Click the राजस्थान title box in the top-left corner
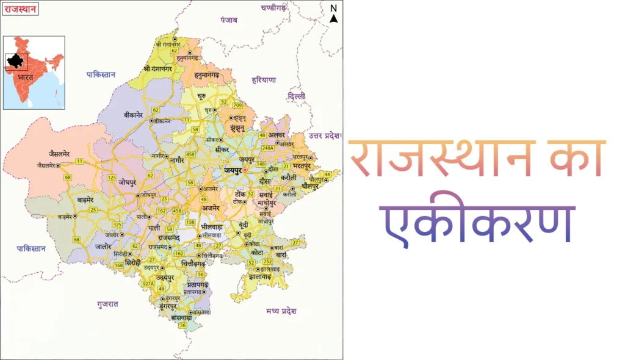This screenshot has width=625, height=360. point(20,9)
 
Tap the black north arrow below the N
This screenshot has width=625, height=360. point(333,18)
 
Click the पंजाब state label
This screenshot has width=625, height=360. point(229,20)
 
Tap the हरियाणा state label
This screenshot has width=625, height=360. point(264,80)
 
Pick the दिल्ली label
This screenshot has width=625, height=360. point(297,96)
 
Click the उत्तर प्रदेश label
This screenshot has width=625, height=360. point(323,135)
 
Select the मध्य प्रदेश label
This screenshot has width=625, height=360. point(281,311)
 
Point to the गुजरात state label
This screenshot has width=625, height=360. point(107,303)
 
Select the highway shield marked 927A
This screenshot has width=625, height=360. point(147,283)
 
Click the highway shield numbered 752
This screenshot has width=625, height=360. point(267,261)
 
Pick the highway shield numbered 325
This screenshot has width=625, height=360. point(117,225)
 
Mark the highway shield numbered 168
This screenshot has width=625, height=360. point(118,265)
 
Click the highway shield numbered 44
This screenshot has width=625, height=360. point(327,175)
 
